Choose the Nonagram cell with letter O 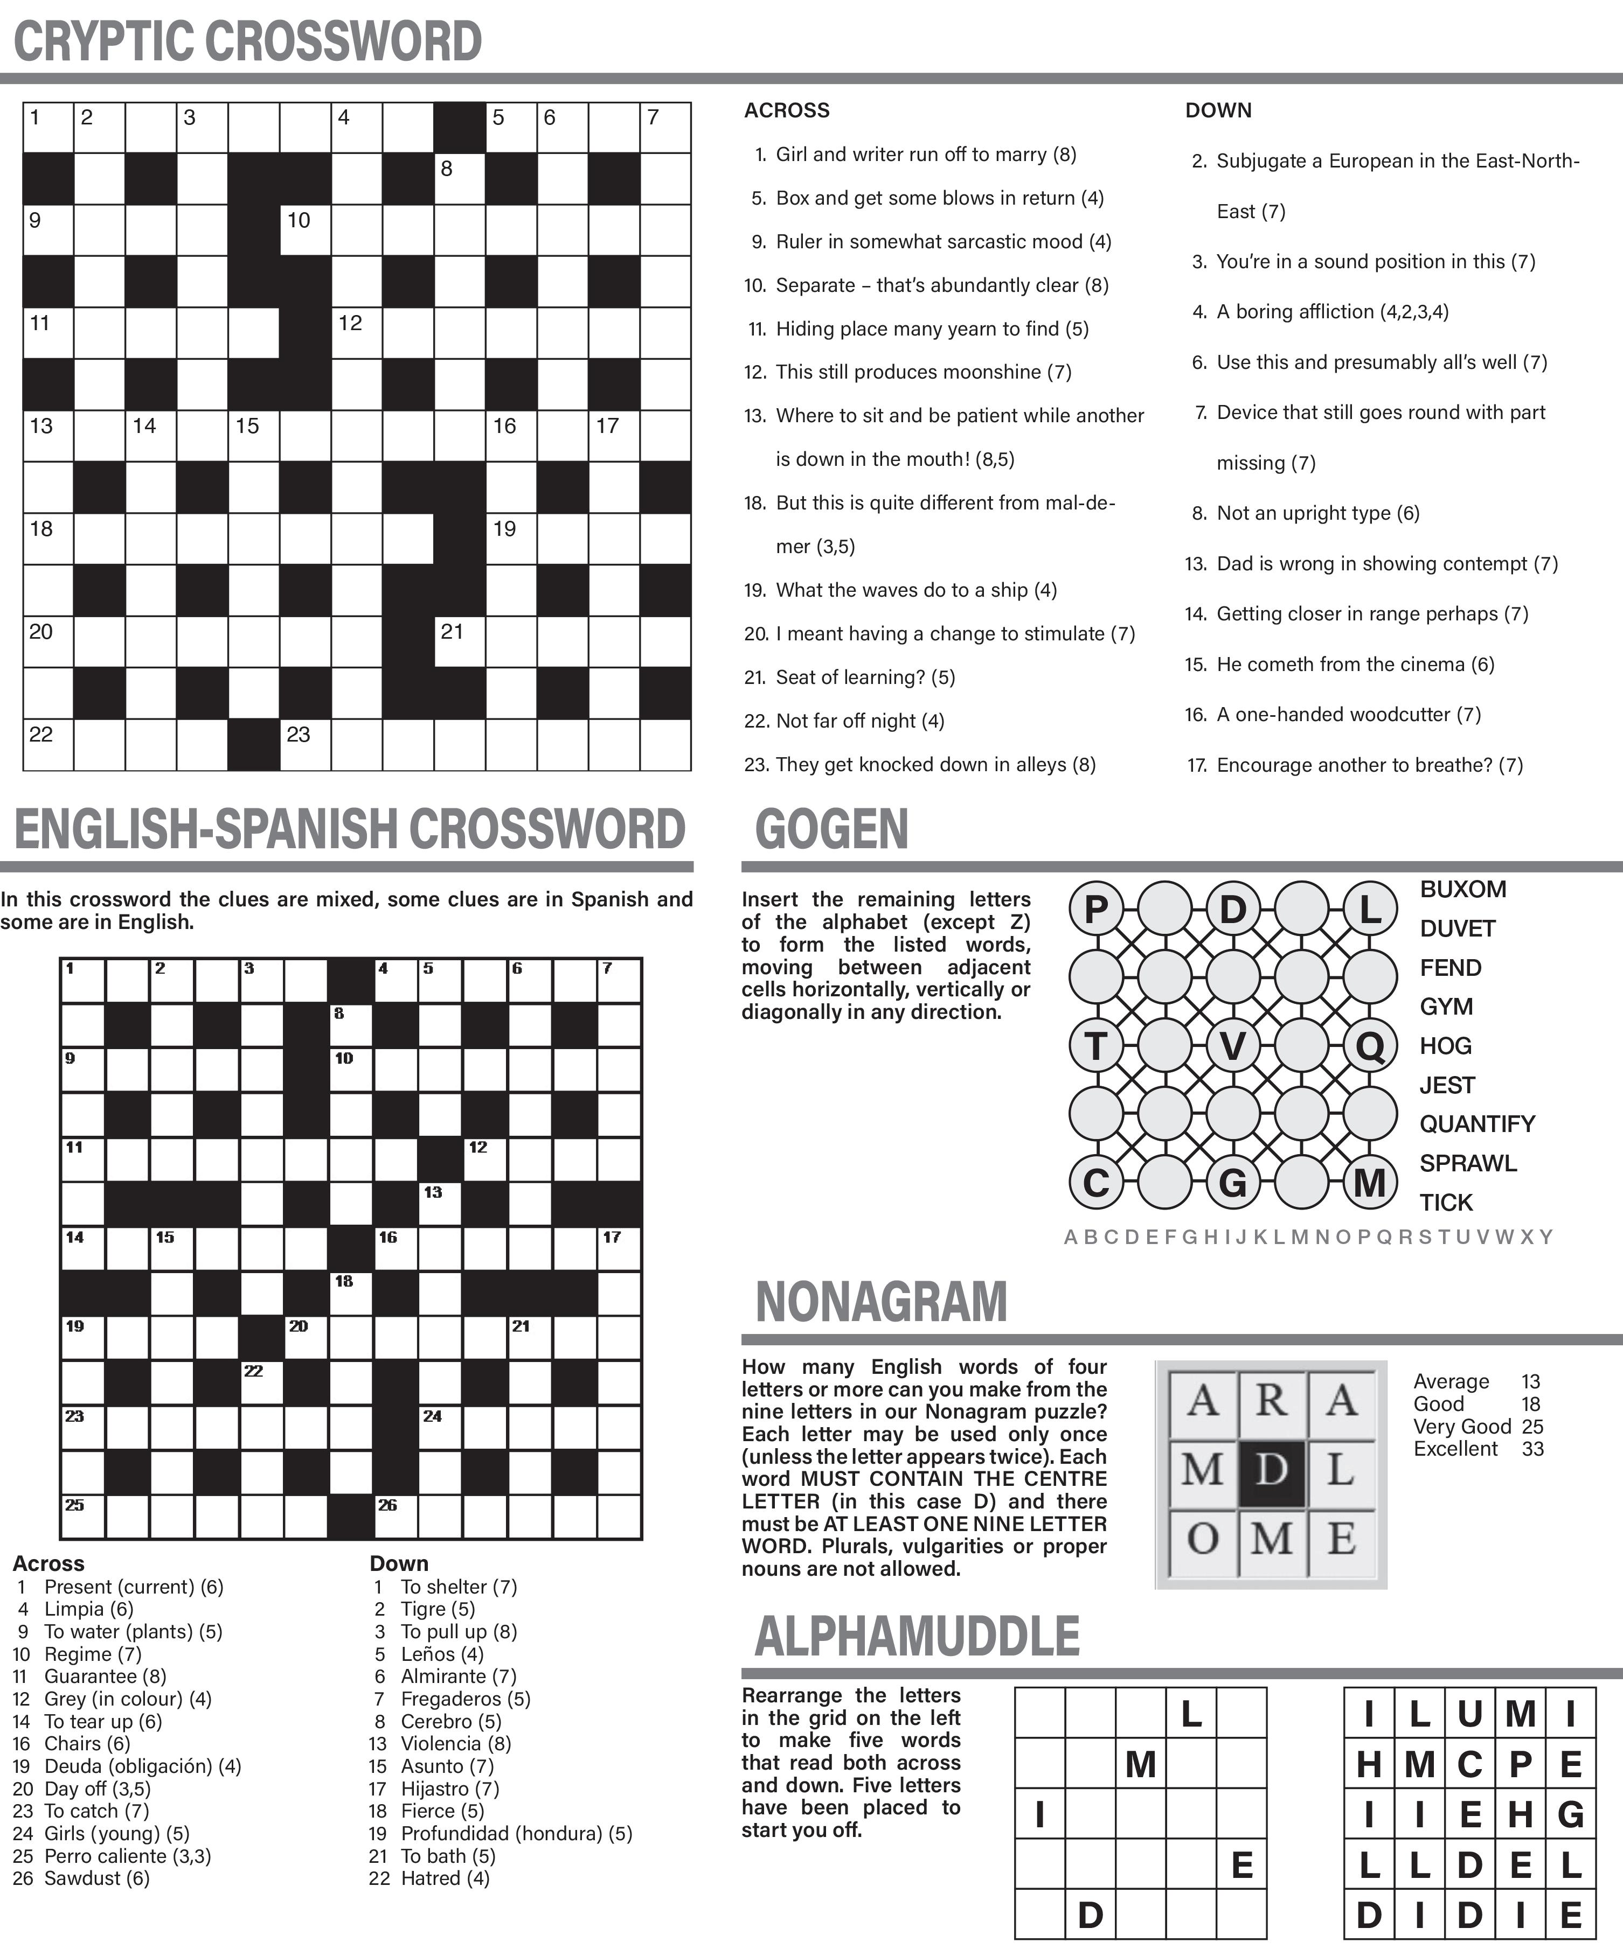pos(1203,1539)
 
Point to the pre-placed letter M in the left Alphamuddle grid pos(1140,1764)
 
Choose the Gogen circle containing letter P pos(1095,908)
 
